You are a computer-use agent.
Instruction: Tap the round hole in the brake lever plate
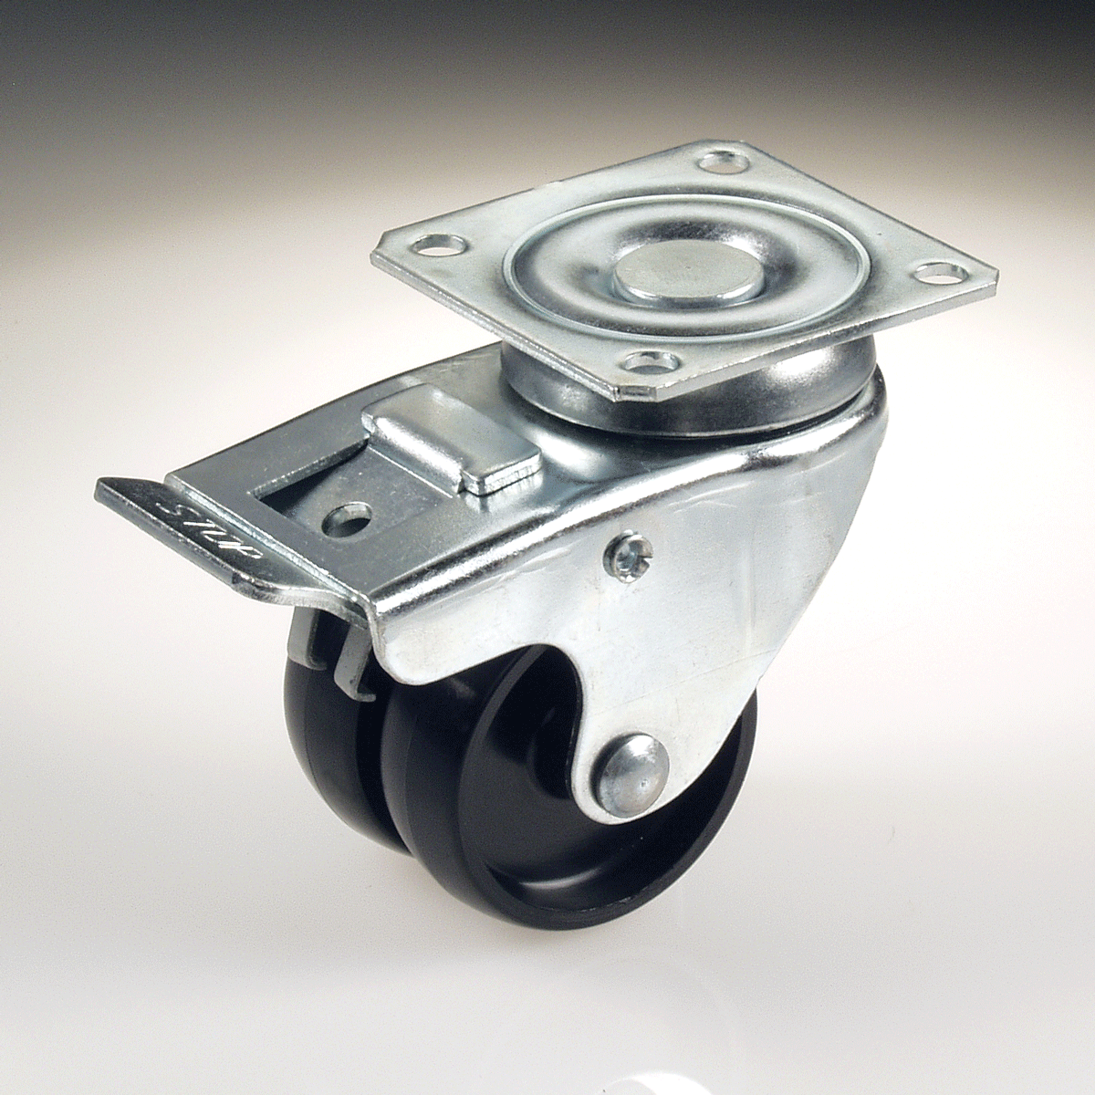point(346,520)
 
